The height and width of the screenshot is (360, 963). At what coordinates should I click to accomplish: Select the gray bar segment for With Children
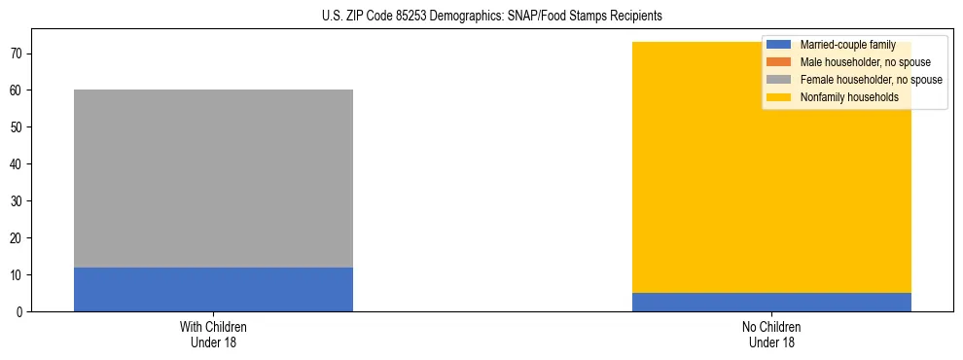[x=213, y=178]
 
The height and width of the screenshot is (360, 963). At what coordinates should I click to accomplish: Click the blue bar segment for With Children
[x=213, y=289]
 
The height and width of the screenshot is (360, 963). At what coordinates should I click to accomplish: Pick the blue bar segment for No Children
[x=771, y=302]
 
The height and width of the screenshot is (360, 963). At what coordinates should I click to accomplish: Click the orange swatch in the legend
[x=780, y=62]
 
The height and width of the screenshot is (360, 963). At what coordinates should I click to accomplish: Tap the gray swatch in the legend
[x=780, y=80]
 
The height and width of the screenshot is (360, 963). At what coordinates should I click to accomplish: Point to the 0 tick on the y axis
[x=19, y=311]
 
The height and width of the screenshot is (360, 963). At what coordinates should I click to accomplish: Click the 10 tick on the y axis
[x=17, y=274]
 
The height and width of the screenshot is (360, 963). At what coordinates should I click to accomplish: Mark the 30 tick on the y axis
[x=17, y=200]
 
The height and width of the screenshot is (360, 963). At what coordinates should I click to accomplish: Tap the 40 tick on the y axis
[x=17, y=163]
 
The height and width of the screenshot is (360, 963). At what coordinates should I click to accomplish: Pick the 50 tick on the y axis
[x=17, y=126]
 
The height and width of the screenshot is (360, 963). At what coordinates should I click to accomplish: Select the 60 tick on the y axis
[x=17, y=90]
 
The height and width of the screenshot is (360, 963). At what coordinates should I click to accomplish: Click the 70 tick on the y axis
[x=17, y=53]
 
